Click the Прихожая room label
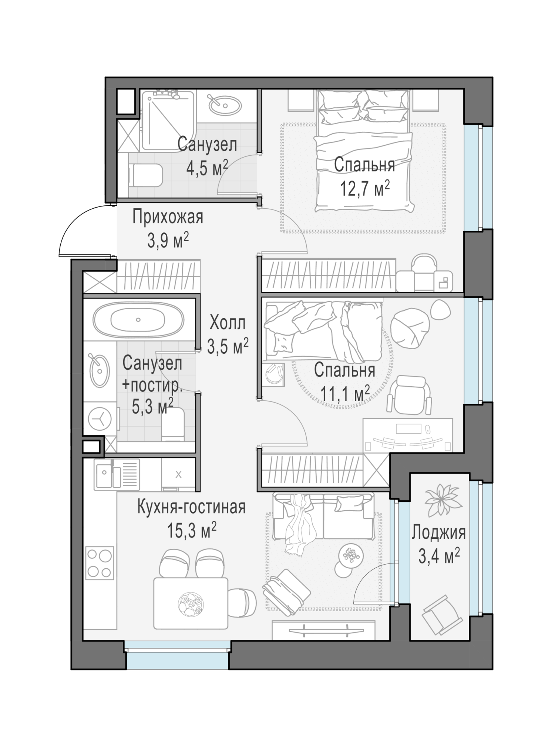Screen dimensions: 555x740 click(x=168, y=217)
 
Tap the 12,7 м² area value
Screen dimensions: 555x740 click(x=365, y=188)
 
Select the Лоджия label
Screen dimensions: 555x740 click(x=439, y=533)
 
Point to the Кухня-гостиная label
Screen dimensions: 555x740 click(x=191, y=507)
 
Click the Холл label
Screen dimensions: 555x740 click(x=227, y=323)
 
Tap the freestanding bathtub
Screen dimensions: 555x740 click(x=138, y=320)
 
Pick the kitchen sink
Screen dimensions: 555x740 click(x=117, y=474)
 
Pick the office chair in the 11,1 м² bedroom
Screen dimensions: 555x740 click(x=410, y=395)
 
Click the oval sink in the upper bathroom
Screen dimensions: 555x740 click(x=225, y=105)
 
